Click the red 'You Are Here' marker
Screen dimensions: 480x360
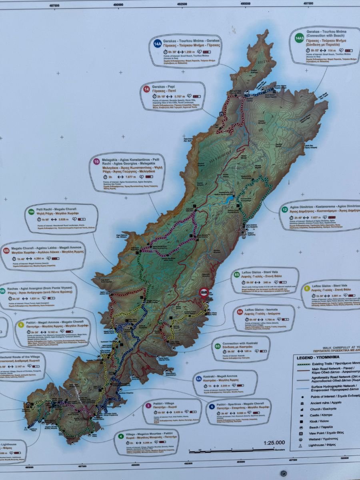(x=204, y=292)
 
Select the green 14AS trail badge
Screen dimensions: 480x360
(x=299, y=38)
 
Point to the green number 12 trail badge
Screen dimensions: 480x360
(x=284, y=209)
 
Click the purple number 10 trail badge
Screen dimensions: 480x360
(x=96, y=162)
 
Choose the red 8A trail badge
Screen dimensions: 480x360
(x=240, y=311)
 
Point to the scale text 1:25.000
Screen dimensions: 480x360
(x=274, y=442)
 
